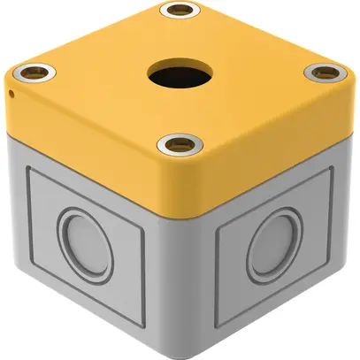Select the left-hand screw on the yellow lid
pos(34,70)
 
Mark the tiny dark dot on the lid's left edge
pos(10,91)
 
